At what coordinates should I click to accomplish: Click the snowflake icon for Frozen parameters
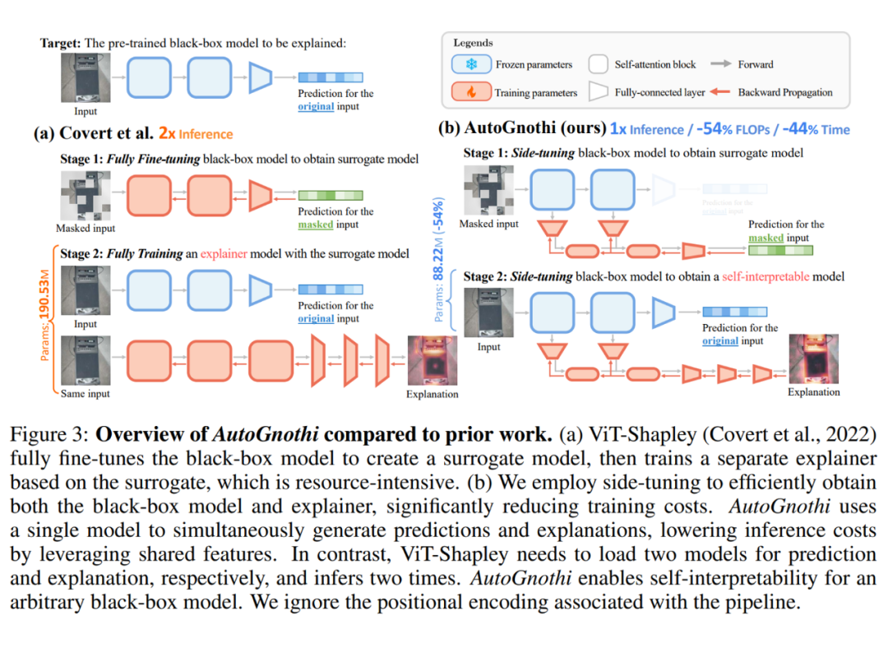pos(470,64)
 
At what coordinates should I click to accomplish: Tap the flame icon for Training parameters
pos(470,92)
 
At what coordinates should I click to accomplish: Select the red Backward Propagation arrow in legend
pos(723,92)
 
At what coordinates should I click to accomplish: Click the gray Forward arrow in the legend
pos(723,64)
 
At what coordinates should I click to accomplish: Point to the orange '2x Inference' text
pos(195,134)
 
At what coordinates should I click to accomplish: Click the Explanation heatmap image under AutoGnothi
pos(813,358)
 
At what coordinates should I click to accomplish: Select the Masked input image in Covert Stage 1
pos(85,195)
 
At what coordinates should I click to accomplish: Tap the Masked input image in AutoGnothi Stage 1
pos(488,190)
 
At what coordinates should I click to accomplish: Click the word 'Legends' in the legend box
pos(474,43)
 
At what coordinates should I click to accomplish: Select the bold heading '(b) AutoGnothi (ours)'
pos(522,129)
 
